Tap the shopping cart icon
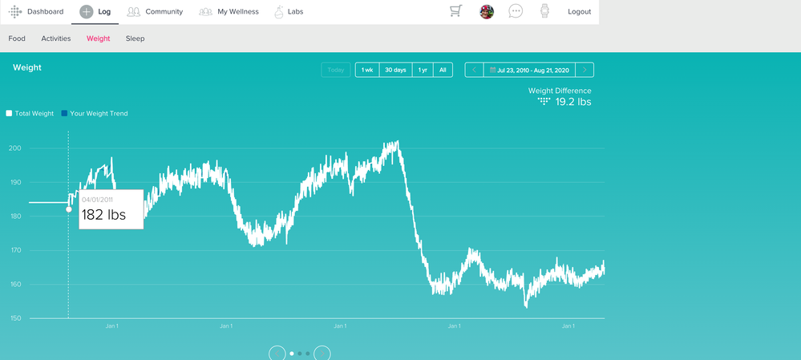(455, 11)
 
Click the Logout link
(579, 12)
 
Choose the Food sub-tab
(17, 38)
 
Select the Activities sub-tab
(56, 38)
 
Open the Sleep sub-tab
(135, 38)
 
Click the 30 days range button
(395, 70)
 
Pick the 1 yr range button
(423, 70)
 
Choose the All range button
(443, 70)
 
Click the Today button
(336, 70)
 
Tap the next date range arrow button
(585, 70)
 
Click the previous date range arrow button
(474, 70)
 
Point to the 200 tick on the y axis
(15, 148)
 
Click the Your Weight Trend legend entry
(98, 114)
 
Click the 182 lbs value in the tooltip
(103, 214)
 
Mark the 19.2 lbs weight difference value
(573, 102)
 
